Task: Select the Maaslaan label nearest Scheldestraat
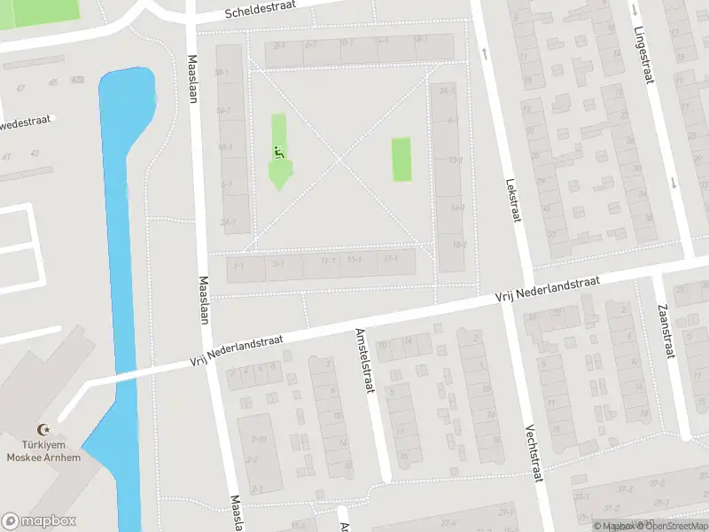point(192,80)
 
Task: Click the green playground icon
point(278,153)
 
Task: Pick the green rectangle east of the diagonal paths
point(401,159)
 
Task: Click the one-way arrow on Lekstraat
point(486,52)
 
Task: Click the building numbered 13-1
point(354,260)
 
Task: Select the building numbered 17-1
point(328,261)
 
